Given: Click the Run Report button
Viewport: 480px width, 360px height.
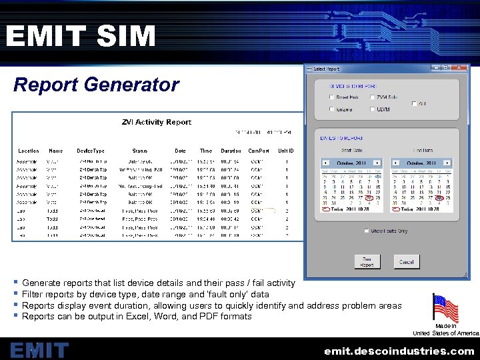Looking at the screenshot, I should coord(367,262).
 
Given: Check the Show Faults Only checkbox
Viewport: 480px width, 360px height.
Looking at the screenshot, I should coord(367,231).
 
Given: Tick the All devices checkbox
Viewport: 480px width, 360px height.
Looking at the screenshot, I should coord(415,104).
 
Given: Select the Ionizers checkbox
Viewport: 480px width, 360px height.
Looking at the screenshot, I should coord(332,109).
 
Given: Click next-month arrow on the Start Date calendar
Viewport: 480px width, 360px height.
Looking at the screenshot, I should coord(379,163).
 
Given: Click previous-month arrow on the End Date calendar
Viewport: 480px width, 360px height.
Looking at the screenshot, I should coord(395,163).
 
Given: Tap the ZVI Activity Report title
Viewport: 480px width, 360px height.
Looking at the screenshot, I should coord(156,122).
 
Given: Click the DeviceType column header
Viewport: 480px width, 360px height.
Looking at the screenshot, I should coord(91,151).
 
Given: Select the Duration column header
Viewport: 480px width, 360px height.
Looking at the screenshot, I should coord(231,151).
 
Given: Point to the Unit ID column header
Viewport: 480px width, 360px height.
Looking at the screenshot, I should coord(286,151).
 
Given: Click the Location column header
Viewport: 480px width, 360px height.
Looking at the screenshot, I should coord(29,151).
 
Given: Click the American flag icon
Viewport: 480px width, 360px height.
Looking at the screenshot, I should coord(445,308).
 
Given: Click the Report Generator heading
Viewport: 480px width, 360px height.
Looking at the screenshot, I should coord(96,85).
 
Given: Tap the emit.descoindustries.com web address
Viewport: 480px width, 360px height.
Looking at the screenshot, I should coord(399,351).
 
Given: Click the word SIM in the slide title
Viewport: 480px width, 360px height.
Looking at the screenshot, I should coord(126,36).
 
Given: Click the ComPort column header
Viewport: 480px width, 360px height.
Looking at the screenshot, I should coord(259,151).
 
